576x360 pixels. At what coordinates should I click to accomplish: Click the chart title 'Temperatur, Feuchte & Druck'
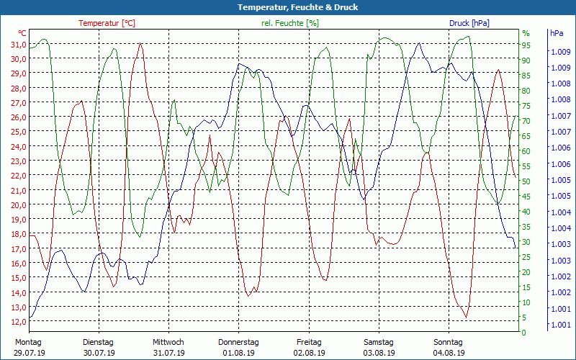288,7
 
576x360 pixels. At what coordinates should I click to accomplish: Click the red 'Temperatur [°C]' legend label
107,23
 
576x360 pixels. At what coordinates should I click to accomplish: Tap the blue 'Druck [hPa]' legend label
469,23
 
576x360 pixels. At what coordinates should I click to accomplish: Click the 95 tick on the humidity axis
526,45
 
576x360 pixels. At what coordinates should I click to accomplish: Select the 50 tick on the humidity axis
526,181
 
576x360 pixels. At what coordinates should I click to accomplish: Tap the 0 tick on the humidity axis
524,333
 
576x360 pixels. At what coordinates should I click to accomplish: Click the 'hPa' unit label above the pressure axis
557,33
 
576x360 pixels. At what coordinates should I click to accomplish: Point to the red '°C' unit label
22,33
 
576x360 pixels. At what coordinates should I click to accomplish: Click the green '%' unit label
526,33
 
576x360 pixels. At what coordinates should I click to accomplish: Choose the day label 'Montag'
28,342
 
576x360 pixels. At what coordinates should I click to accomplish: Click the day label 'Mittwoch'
168,342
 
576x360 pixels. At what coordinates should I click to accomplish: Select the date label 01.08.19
239,353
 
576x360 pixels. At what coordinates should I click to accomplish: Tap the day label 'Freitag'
309,342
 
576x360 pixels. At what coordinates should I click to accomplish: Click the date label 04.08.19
449,353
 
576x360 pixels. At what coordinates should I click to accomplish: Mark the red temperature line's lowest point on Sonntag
466,317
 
